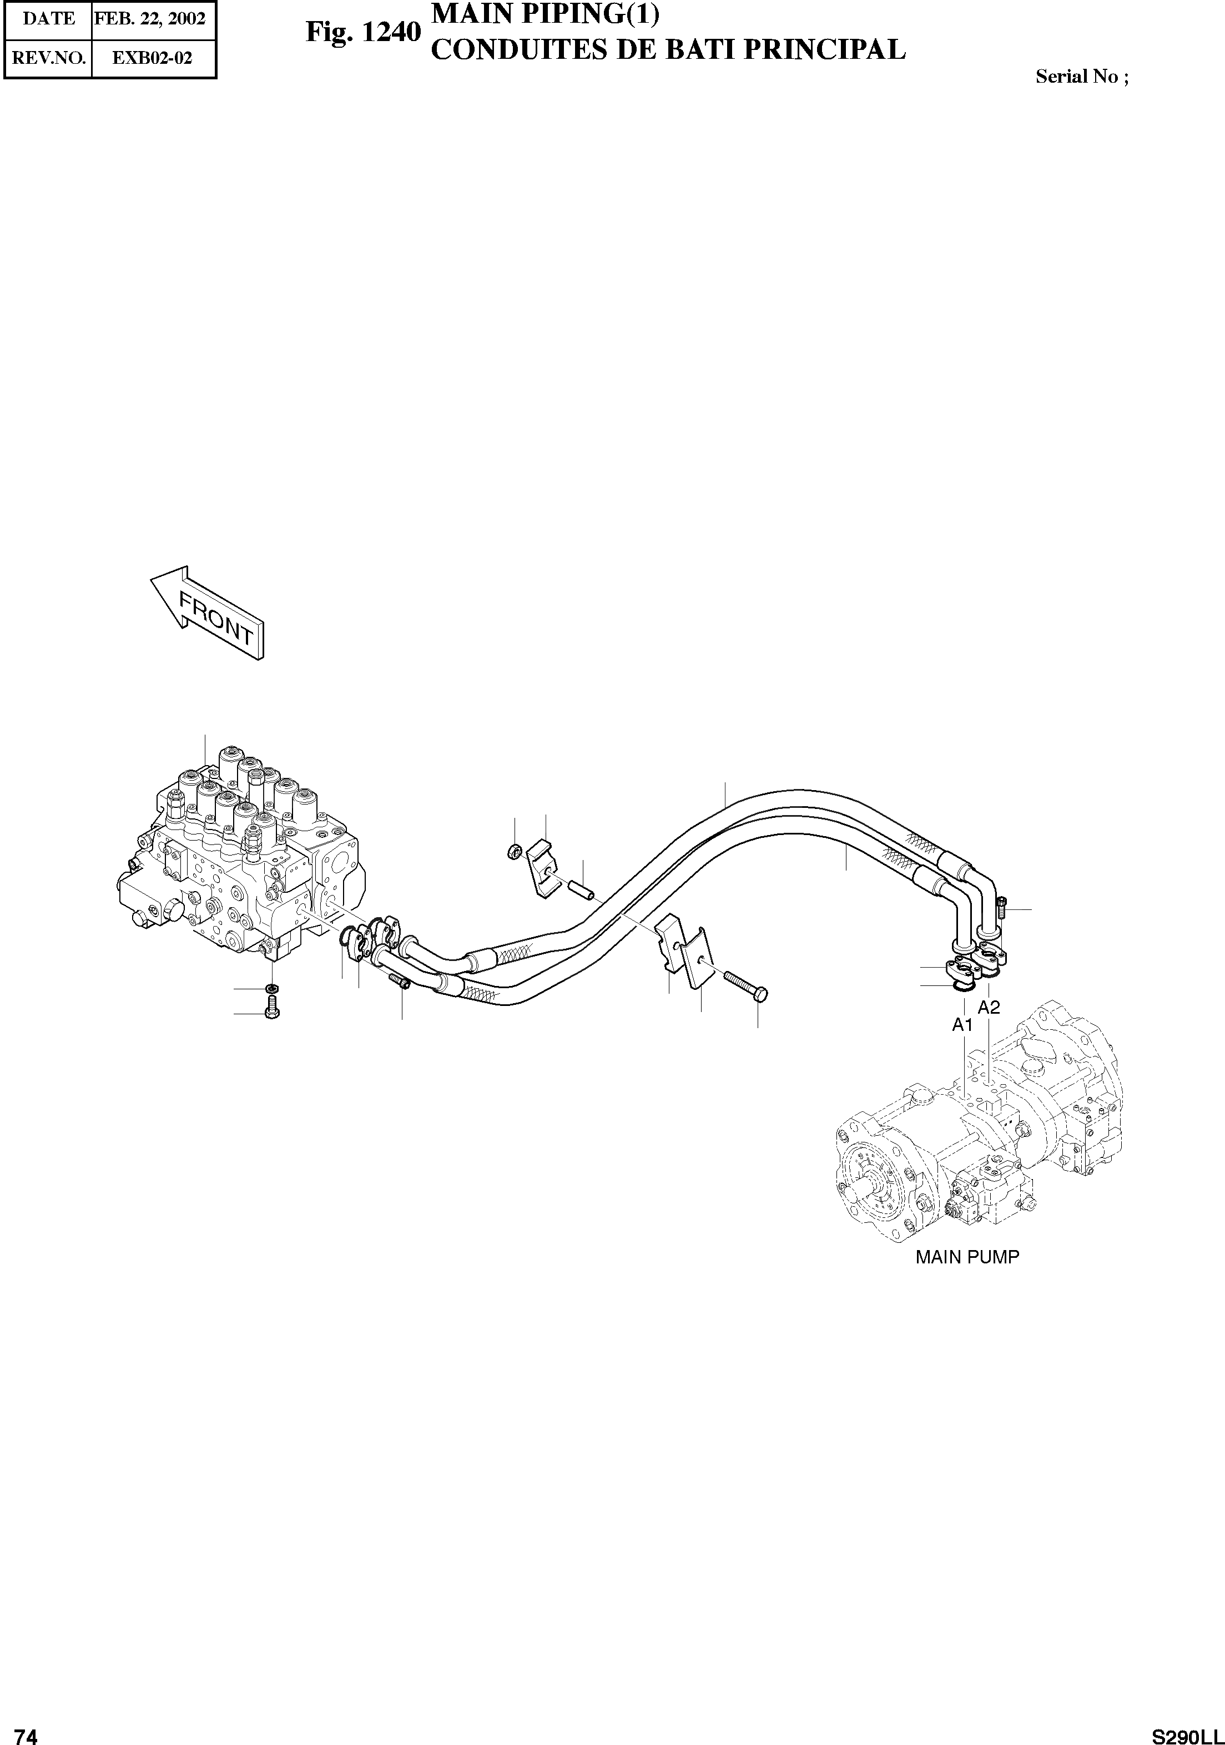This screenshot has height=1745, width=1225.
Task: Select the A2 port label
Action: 989,1007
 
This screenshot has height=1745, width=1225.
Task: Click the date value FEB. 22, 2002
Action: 150,18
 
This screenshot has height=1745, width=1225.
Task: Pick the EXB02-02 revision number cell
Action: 152,58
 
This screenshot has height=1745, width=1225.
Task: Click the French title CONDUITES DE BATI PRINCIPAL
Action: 668,49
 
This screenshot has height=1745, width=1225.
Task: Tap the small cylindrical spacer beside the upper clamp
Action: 582,887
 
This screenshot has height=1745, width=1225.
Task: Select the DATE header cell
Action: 49,18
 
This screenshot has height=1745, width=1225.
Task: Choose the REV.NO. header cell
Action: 49,58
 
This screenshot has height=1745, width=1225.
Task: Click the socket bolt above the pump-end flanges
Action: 1001,906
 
